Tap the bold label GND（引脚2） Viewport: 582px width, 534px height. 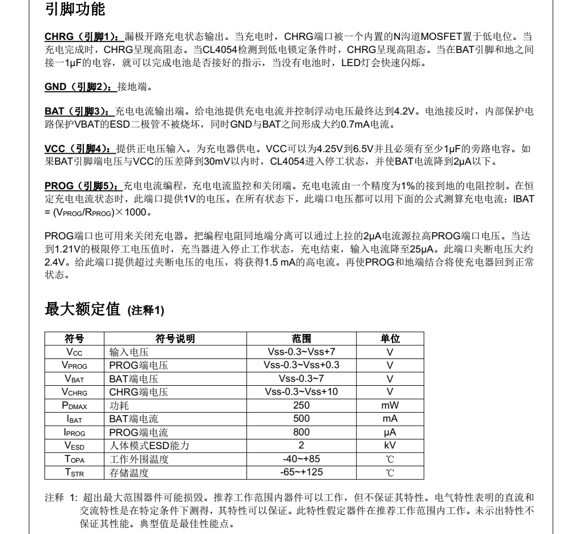80,87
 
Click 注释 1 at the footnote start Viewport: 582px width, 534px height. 59,494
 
